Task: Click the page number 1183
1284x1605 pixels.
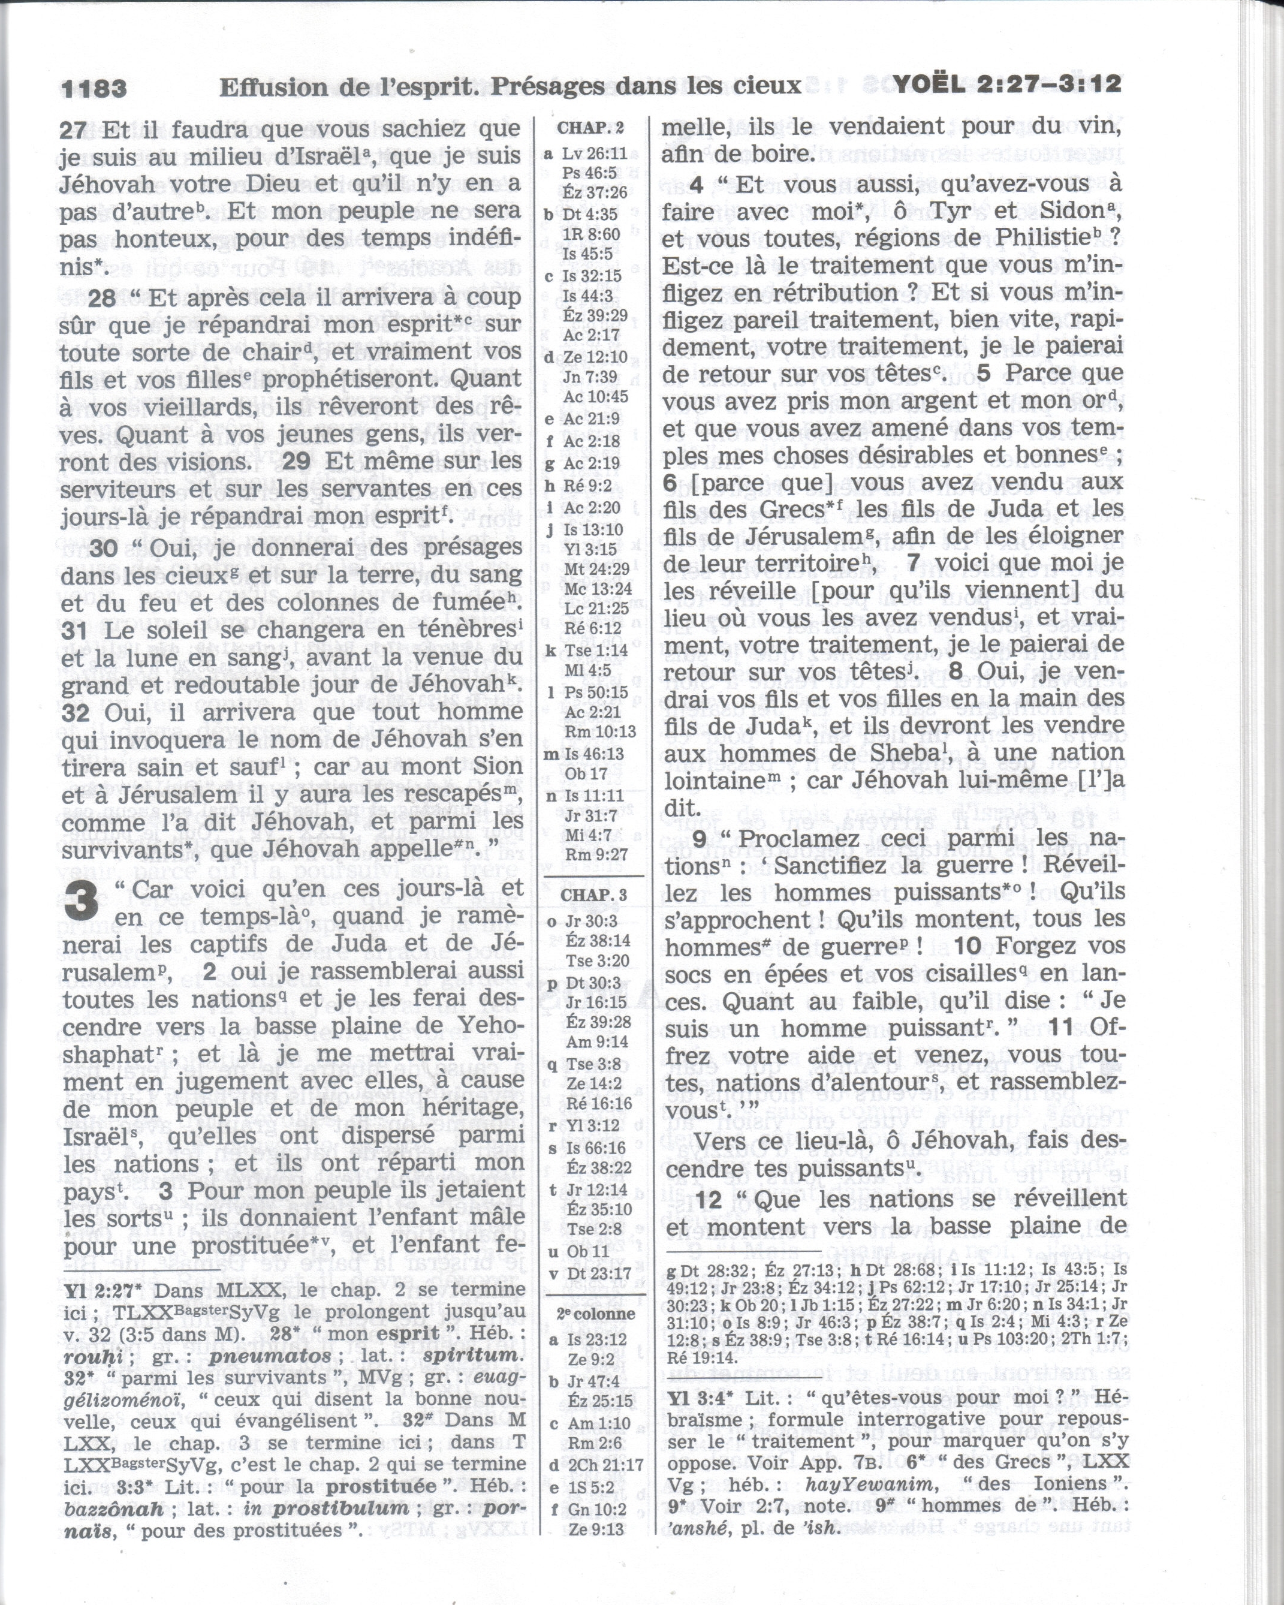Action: click(x=94, y=89)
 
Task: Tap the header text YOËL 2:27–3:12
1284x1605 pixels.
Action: click(x=1007, y=85)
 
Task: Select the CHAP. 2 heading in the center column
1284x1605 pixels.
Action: click(x=591, y=128)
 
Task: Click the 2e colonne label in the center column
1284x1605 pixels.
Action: click(x=595, y=1314)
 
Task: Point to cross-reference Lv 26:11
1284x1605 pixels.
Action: click(x=594, y=153)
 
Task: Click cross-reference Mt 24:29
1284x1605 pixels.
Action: click(x=596, y=569)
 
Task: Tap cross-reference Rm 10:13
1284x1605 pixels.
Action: click(x=600, y=732)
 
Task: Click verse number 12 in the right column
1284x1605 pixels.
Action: click(x=709, y=1199)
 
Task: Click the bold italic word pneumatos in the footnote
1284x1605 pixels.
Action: click(x=270, y=1356)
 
